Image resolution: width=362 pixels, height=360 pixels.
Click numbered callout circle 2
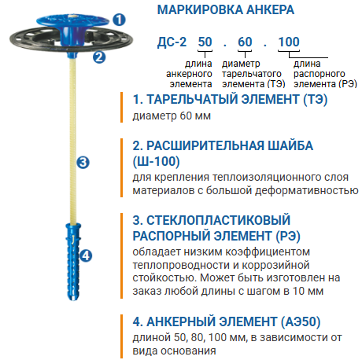click(x=98, y=56)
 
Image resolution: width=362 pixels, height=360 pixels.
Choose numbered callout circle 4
click(x=87, y=255)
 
